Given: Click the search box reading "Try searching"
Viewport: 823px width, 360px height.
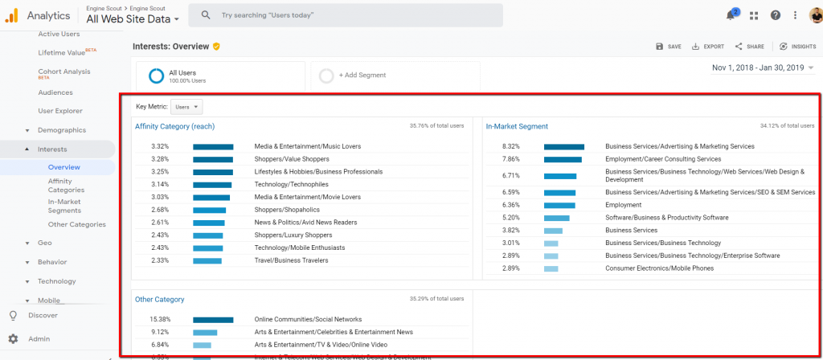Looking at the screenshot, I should point(346,15).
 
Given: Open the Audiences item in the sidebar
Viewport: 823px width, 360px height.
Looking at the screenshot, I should point(55,92).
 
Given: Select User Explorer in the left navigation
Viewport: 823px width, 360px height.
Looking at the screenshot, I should point(60,111).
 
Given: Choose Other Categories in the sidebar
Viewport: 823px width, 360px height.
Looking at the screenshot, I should point(76,224).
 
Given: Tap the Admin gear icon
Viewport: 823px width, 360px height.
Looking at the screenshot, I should point(13,339).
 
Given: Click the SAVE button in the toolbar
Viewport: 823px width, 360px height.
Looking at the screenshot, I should point(668,47).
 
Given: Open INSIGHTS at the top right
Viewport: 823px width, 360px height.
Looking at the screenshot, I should point(797,47).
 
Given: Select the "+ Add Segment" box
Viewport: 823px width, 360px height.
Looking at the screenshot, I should point(395,76).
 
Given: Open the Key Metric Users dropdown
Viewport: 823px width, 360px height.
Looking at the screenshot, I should point(186,107).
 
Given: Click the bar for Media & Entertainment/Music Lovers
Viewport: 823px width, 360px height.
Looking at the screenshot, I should point(213,147).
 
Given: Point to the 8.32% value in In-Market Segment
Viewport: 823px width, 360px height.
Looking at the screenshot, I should point(510,147).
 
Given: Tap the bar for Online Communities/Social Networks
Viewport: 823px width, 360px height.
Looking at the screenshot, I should point(213,320).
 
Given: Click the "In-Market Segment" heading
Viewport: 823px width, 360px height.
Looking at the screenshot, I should point(517,126).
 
